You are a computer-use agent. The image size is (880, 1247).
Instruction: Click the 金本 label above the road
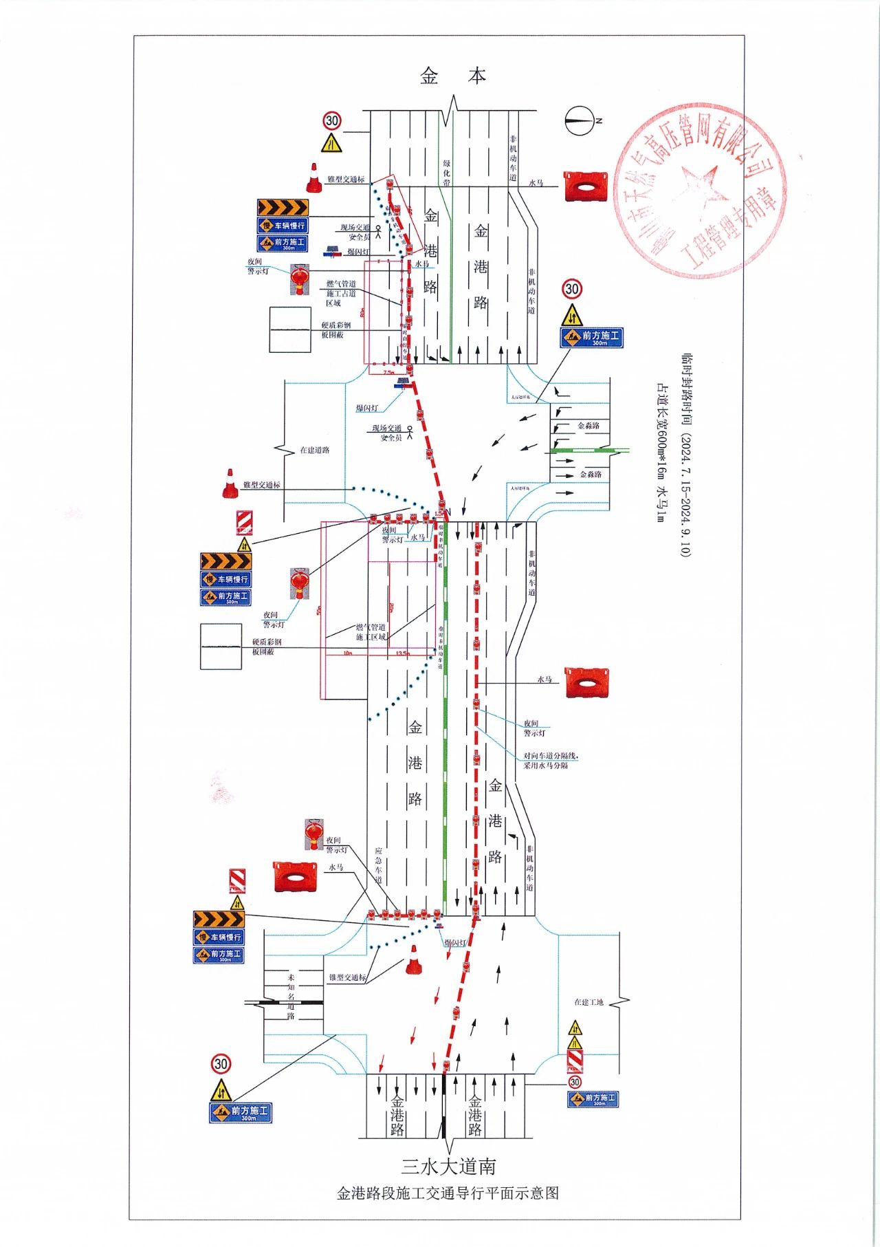click(x=453, y=76)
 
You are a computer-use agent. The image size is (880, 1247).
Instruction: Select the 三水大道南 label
click(x=449, y=1167)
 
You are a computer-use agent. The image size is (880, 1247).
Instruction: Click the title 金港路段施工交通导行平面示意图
click(x=448, y=1193)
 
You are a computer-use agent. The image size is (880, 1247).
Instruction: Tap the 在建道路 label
click(x=314, y=451)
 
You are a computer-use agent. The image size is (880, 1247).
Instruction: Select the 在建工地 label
click(x=589, y=1002)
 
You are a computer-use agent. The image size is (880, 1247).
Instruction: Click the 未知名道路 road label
click(x=291, y=997)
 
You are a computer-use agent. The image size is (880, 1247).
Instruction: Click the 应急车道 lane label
click(x=378, y=865)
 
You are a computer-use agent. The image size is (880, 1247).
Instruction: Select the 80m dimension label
click(x=362, y=312)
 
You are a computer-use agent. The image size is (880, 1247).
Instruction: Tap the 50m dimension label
click(x=318, y=611)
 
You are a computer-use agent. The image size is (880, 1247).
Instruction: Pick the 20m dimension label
click(x=390, y=608)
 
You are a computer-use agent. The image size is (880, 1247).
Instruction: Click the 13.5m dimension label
click(x=402, y=653)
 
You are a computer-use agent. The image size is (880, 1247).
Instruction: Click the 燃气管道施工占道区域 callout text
click(x=341, y=293)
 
